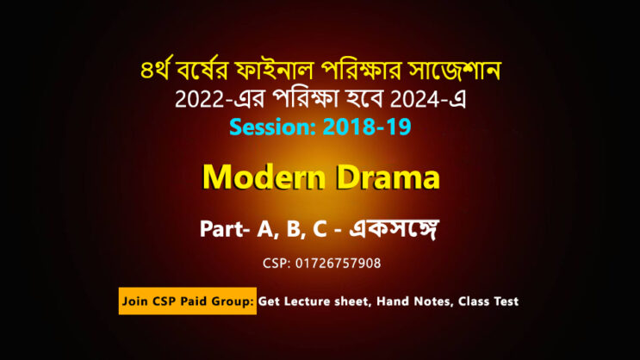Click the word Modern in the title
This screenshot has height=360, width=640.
coord(264,177)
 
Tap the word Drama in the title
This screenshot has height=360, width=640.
coord(388,177)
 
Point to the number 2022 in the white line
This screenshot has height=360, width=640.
coord(200,99)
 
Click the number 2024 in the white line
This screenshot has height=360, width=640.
coord(415,99)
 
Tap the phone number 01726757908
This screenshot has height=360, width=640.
coord(338,264)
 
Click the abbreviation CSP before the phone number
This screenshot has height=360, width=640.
coord(277,264)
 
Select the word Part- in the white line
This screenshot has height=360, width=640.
coord(225,229)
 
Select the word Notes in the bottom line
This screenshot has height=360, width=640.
coord(433,301)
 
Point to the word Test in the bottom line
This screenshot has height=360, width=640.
coord(506,301)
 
